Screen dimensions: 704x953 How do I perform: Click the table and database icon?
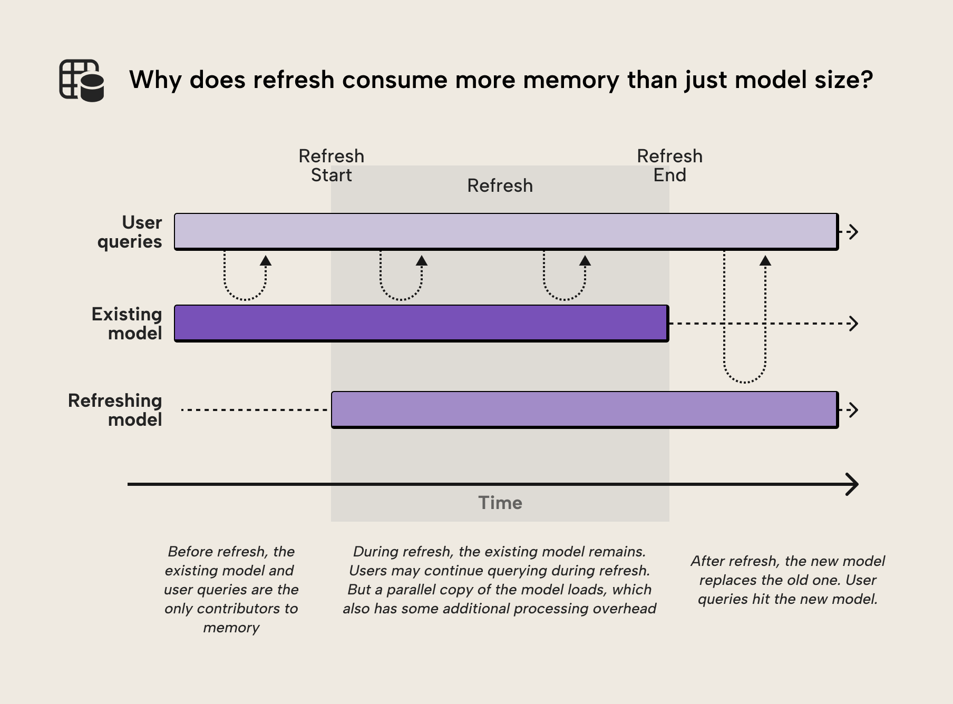tap(81, 80)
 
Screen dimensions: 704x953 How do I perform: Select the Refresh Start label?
tap(331, 165)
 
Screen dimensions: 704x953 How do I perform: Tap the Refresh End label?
tap(669, 165)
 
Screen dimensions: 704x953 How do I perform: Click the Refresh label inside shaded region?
tap(500, 185)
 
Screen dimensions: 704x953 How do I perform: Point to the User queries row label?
tap(130, 232)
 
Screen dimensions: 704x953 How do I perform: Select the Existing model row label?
tap(127, 324)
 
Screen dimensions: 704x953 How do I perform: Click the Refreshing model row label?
tap(115, 410)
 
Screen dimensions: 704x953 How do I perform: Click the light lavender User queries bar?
tap(506, 231)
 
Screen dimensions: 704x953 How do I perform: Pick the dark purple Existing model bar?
tap(422, 323)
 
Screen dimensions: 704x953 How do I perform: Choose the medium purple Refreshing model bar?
tap(584, 409)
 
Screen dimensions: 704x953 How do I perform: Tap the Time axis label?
tap(500, 503)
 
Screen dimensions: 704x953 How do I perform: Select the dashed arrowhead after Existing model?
tap(853, 323)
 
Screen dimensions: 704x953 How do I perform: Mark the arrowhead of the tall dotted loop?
tap(765, 260)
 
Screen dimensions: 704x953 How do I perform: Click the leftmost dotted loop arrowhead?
tap(266, 260)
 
